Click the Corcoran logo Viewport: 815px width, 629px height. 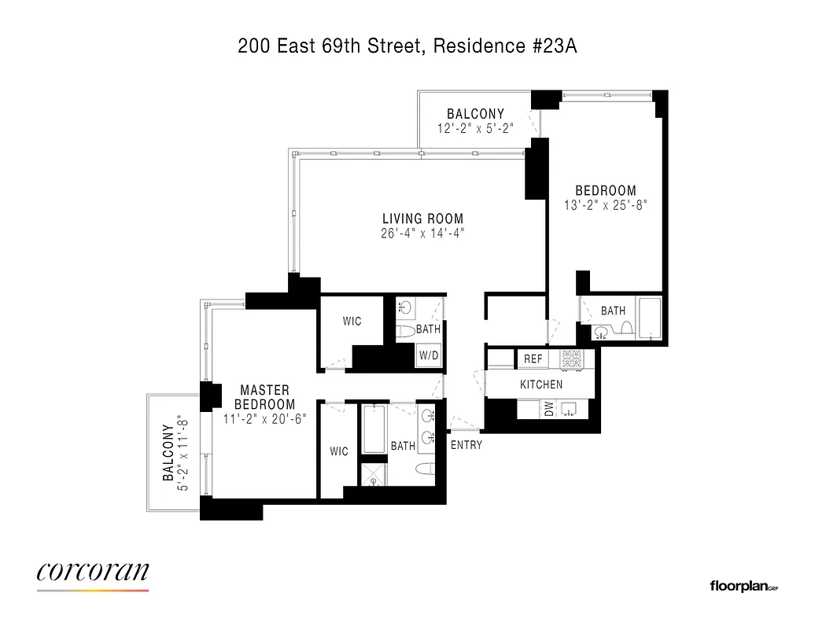point(93,572)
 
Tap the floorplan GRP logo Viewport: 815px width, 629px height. point(743,586)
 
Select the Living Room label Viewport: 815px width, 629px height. point(422,219)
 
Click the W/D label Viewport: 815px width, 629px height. point(429,355)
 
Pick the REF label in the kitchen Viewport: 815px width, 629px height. point(533,359)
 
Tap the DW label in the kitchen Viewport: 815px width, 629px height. point(549,409)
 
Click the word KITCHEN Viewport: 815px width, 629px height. point(541,384)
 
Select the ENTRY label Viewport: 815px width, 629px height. point(467,445)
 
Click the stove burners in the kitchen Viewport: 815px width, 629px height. point(571,359)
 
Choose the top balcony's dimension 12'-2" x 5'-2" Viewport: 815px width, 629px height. point(476,128)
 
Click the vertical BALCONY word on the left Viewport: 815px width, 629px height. point(168,453)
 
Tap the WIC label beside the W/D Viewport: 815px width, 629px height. point(352,322)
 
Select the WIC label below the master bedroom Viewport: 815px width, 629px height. point(339,451)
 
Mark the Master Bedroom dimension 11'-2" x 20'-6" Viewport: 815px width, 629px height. point(264,420)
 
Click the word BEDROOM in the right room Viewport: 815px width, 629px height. point(606,190)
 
